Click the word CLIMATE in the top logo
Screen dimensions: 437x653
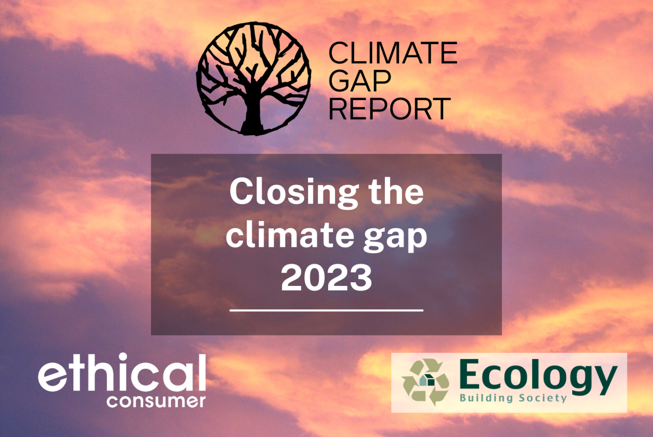[393, 53]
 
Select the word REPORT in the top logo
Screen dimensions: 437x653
[389, 109]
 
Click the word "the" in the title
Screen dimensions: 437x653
[396, 192]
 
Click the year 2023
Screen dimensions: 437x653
[326, 278]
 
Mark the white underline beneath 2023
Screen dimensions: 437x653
[326, 310]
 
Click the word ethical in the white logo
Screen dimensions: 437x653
[122, 373]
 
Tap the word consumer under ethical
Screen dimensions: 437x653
[156, 401]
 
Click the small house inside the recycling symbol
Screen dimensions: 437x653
[427, 380]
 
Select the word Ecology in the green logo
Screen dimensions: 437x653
[538, 376]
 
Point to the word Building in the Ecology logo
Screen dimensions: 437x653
[486, 398]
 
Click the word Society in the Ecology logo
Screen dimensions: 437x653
[543, 398]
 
